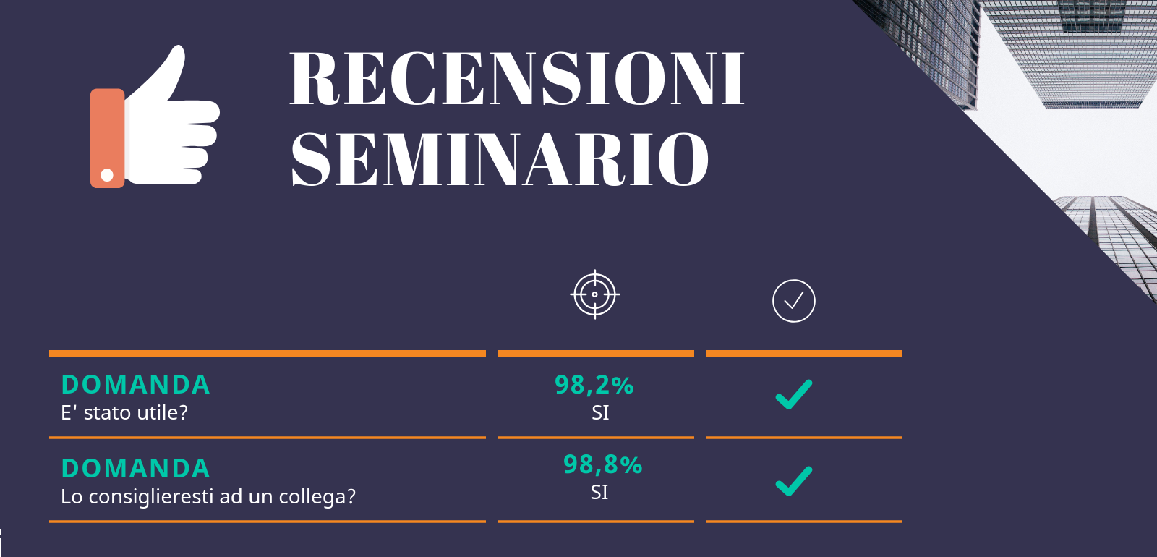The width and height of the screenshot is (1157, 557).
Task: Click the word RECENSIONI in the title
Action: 517,79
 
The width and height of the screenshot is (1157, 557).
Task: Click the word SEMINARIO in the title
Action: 500,158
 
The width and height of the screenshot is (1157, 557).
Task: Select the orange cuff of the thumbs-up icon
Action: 108,138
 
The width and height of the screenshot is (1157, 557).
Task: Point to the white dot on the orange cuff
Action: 107,175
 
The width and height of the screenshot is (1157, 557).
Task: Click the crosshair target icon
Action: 595,294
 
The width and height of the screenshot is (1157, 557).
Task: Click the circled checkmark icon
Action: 794,301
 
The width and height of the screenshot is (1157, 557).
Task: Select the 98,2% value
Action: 594,385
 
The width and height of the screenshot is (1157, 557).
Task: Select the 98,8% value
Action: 603,464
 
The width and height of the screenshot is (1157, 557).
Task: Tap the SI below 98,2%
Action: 600,413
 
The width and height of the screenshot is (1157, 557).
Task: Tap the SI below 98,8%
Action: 599,493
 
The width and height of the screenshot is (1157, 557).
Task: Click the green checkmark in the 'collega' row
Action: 794,482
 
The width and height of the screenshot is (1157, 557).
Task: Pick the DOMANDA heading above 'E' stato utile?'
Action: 135,385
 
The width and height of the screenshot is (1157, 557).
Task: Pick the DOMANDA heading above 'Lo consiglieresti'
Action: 135,469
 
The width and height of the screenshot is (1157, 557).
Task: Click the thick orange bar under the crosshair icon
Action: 596,354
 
